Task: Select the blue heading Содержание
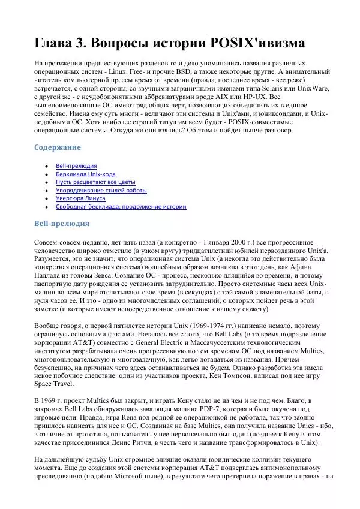[x=57, y=147]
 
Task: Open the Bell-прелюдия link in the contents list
[x=76, y=165]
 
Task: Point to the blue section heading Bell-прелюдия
[x=62, y=224]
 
